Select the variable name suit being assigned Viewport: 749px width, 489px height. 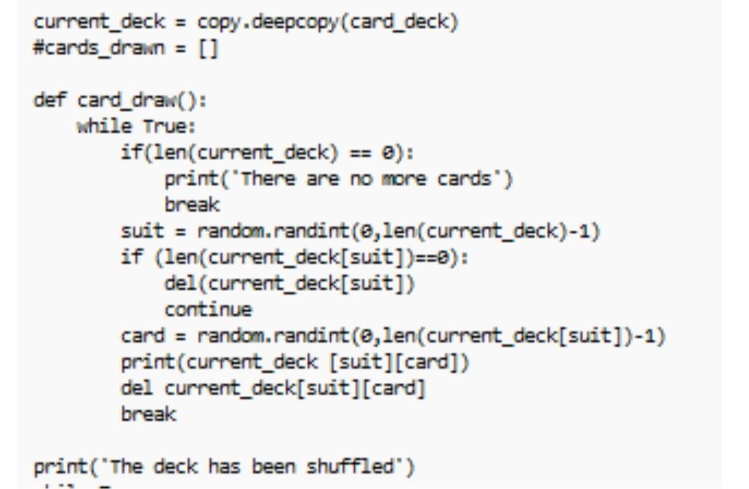[x=136, y=233]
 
